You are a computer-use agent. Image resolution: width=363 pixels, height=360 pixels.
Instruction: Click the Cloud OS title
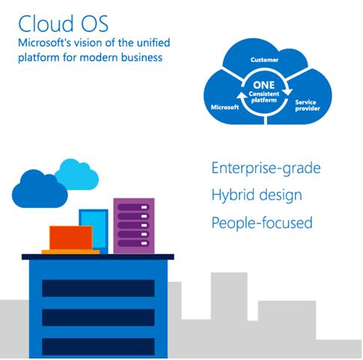coord(63,23)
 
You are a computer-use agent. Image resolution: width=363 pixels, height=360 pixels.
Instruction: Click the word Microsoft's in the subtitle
coord(41,43)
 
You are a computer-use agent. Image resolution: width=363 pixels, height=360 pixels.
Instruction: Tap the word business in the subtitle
coord(141,58)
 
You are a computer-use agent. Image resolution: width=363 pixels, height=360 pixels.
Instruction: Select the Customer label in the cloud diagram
coord(264,60)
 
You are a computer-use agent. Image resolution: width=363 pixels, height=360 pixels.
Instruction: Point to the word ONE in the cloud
coord(263,85)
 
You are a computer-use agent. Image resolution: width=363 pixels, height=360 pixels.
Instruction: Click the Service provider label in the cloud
coord(308,106)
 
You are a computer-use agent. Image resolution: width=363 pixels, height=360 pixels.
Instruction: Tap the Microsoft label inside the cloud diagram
coord(225,107)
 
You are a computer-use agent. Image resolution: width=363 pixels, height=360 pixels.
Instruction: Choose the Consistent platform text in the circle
coord(264,97)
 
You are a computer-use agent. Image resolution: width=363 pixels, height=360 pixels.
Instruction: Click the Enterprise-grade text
coord(266,168)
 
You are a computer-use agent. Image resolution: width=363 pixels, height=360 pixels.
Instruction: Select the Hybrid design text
coord(257,195)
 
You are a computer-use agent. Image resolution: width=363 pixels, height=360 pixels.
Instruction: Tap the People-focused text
coord(262,222)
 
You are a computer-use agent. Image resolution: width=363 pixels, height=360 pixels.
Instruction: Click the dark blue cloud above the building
coord(40,189)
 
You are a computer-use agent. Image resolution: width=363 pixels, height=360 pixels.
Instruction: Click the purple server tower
coord(134,226)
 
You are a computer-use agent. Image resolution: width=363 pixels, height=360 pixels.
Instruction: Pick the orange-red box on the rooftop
coord(71,238)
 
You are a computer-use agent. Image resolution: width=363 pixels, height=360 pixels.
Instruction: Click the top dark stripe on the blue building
coord(98,288)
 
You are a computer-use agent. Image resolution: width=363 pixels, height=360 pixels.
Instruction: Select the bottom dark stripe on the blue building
coord(98,347)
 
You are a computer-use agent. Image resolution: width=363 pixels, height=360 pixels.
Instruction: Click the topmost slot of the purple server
coord(133,207)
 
